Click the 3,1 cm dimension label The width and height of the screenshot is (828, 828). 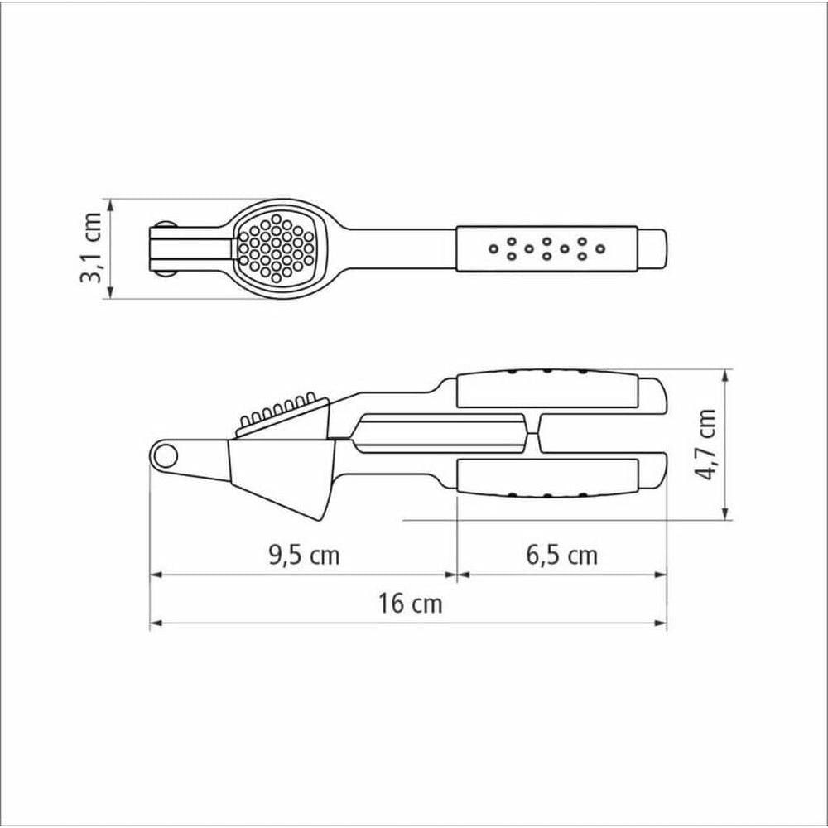(90, 248)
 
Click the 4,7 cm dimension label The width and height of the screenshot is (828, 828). (705, 444)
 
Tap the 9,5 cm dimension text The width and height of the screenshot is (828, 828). (304, 556)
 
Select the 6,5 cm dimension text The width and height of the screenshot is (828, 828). (562, 556)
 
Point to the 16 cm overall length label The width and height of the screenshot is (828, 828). (410, 604)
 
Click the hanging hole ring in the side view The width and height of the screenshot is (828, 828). (166, 454)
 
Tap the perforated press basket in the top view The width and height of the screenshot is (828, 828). (275, 247)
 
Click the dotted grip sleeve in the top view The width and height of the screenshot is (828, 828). (547, 248)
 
